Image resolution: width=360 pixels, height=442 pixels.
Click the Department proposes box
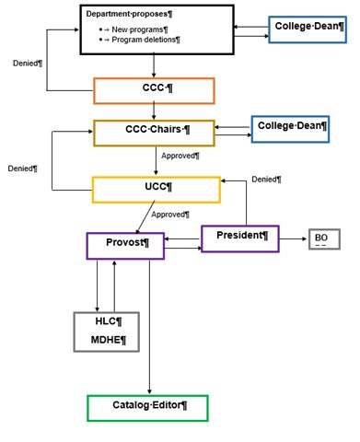tap(154, 29)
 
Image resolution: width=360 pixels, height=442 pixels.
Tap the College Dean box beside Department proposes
tap(308, 28)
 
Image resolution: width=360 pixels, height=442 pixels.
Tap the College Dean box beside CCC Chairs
tap(290, 129)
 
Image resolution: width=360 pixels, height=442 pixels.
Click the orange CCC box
tap(154, 90)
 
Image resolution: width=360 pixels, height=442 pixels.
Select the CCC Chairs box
tap(154, 133)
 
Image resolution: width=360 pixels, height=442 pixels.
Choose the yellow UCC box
tap(157, 190)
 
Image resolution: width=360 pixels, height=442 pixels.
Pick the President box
tap(239, 238)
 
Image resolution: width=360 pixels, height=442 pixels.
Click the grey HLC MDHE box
tap(109, 331)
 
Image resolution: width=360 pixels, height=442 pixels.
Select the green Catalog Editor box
tap(147, 407)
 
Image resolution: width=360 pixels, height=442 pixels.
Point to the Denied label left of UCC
tap(22, 169)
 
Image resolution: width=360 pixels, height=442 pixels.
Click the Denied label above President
tap(266, 180)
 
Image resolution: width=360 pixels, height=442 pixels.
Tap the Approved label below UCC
tap(170, 214)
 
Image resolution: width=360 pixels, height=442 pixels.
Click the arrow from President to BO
tap(293, 241)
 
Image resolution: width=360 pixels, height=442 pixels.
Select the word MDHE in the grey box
tap(109, 342)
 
